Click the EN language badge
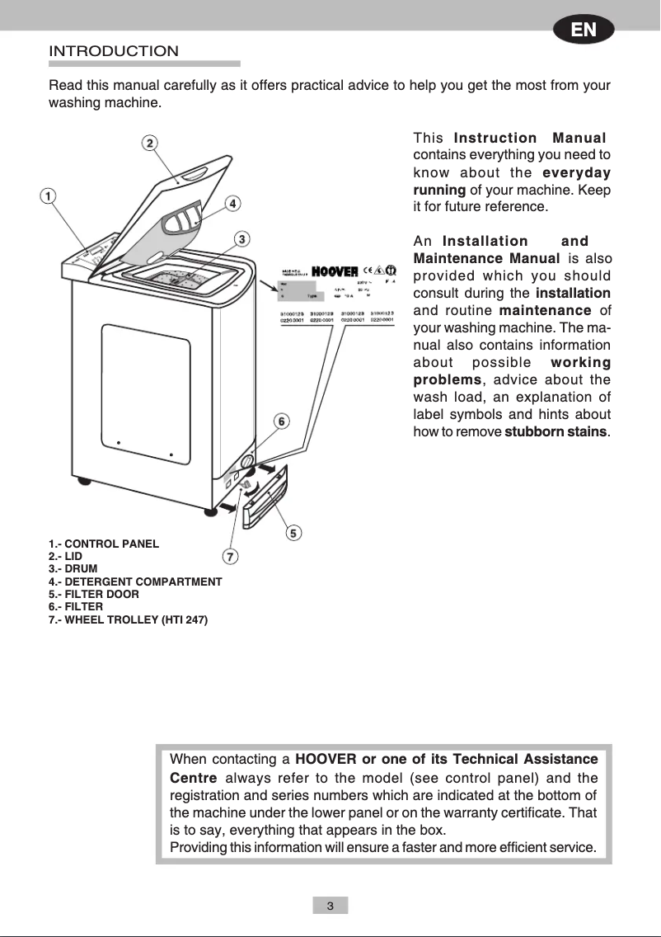click(584, 31)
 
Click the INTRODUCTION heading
click(114, 51)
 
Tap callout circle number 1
click(49, 196)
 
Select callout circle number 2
click(149, 143)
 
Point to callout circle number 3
click(241, 239)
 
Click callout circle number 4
click(233, 202)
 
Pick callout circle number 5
click(293, 532)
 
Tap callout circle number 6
click(281, 421)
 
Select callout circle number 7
click(232, 557)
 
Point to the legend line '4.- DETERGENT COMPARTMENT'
click(135, 582)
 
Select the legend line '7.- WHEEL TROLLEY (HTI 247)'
click(128, 619)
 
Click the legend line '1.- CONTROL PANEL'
click(104, 544)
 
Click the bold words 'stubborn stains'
click(556, 432)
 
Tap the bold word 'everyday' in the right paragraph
click(576, 172)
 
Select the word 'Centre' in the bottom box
click(193, 778)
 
